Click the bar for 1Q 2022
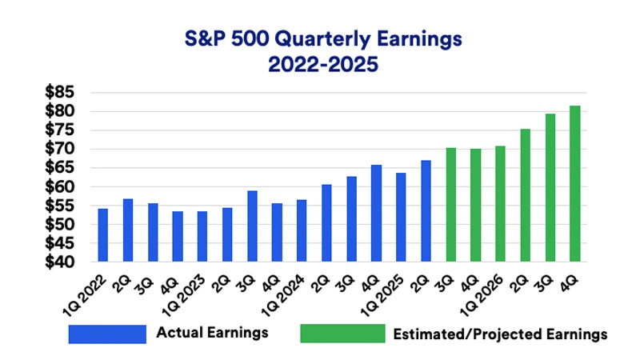tap(102, 235)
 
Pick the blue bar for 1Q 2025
tap(401, 217)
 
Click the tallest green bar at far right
tap(574, 183)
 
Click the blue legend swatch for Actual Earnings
tap(107, 334)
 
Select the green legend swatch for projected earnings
tap(339, 334)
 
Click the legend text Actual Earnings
tap(213, 333)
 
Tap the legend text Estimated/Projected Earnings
tap(501, 334)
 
